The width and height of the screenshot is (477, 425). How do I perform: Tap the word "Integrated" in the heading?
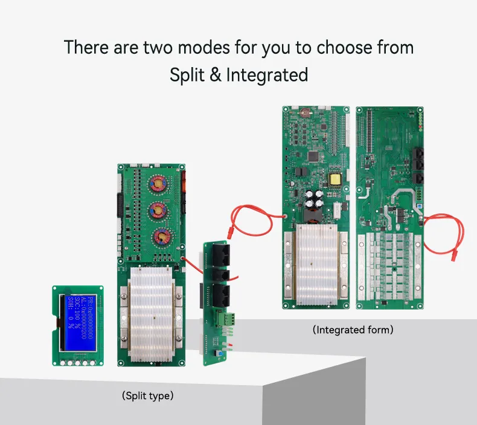point(267,75)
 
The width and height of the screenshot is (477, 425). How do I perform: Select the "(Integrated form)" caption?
point(353,330)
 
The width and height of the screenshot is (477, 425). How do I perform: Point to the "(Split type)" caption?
point(147,396)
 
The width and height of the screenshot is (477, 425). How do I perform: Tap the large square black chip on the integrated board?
point(313,156)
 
